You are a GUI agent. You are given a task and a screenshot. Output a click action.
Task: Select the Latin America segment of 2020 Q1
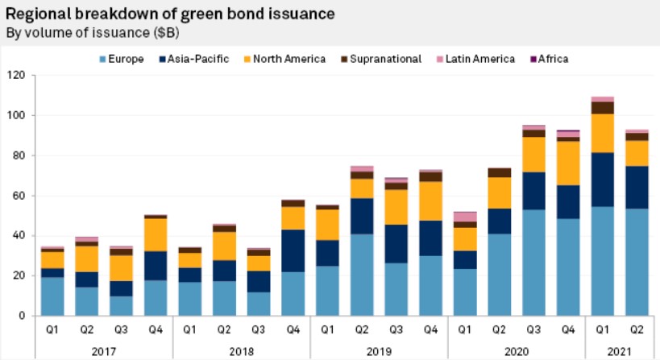pos(465,217)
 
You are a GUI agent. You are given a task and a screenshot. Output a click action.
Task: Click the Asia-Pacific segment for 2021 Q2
pos(637,187)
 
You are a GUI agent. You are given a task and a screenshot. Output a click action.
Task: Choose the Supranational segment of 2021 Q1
pos(603,108)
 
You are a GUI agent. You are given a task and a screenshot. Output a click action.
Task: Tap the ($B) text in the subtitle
pos(164,33)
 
